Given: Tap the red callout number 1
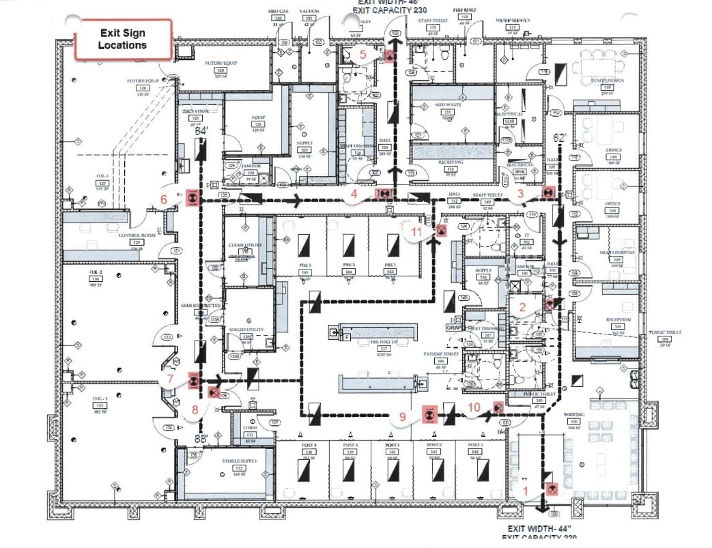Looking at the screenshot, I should click(526, 490).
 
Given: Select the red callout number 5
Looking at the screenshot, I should click(363, 53).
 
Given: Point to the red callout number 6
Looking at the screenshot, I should click(163, 199).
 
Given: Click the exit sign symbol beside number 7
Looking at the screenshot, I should click(194, 381).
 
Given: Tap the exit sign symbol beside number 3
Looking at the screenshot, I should click(547, 193).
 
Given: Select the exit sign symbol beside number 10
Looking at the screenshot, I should click(498, 407).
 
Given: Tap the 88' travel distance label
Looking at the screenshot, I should click(201, 439).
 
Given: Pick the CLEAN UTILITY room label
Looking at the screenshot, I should click(241, 245).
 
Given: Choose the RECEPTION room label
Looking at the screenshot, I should click(617, 320).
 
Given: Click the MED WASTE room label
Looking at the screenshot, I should click(448, 106).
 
